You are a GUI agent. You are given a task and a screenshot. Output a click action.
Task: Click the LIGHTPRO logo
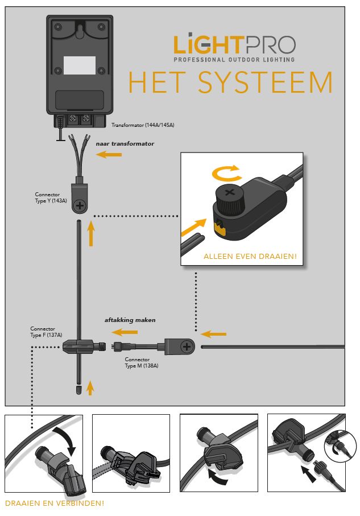[234, 47]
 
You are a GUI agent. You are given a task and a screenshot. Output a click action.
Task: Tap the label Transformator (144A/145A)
[143, 125]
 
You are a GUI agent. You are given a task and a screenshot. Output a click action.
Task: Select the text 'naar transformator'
[125, 143]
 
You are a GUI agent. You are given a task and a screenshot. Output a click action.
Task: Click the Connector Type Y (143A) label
[51, 197]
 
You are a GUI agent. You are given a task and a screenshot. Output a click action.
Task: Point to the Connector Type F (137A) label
[46, 332]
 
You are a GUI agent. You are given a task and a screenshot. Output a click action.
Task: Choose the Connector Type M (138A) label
[142, 362]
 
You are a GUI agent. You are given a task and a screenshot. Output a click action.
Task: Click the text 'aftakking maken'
[130, 320]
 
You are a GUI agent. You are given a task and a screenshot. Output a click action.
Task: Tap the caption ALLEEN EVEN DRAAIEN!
[250, 257]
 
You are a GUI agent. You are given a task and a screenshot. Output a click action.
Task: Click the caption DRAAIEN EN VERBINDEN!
[55, 503]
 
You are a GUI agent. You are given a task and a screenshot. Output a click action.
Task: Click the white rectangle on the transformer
[80, 65]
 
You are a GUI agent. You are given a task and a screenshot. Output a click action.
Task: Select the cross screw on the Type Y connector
[80, 206]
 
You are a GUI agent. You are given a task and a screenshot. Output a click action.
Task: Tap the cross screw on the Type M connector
[187, 346]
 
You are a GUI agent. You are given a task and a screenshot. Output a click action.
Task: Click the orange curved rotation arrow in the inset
[226, 173]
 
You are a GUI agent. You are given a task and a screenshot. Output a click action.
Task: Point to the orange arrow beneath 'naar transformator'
[109, 154]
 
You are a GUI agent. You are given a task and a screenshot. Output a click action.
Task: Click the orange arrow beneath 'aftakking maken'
[125, 332]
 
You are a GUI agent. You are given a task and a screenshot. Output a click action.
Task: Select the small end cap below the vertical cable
[78, 390]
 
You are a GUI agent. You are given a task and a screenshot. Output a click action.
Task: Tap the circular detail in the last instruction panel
[340, 446]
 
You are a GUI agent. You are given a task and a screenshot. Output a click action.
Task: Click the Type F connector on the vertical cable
[84, 346]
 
